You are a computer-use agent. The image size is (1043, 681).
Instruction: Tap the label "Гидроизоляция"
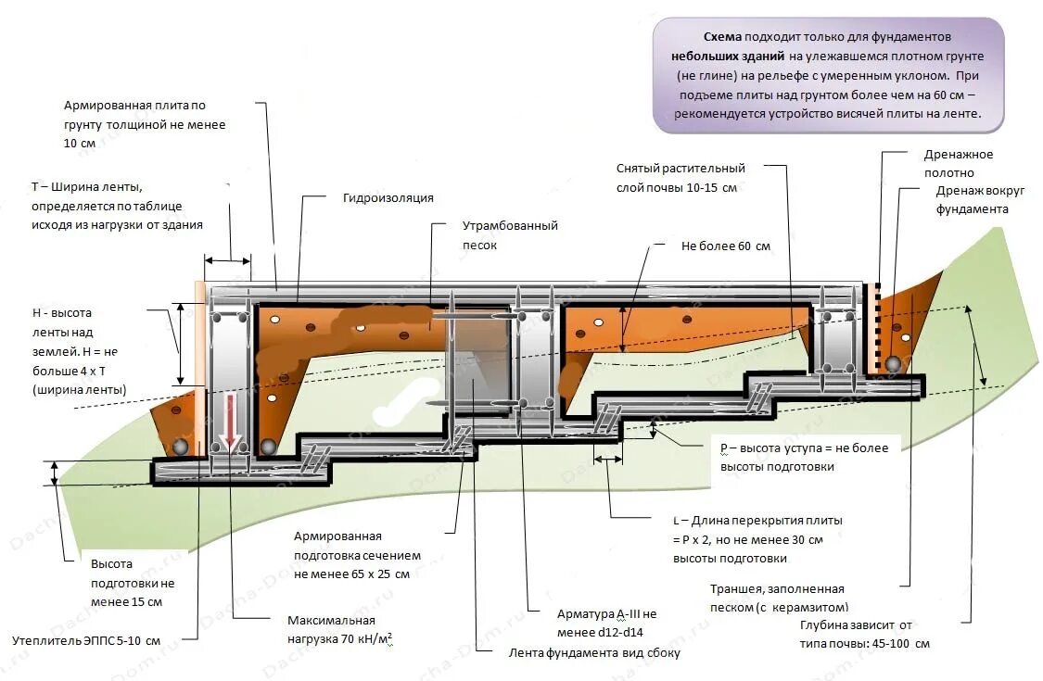click(388, 198)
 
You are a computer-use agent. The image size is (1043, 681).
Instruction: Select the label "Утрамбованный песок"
click(510, 235)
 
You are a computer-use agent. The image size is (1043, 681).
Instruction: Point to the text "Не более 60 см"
click(725, 246)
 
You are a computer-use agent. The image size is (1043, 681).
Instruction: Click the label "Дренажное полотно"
click(958, 163)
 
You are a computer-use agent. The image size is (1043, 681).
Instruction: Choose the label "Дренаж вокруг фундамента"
click(979, 199)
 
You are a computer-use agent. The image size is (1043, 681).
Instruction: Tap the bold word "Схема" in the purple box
click(722, 38)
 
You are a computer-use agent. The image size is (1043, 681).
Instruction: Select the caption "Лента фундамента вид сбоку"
click(594, 652)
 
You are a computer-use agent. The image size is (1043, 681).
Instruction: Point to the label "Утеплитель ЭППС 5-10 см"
click(86, 640)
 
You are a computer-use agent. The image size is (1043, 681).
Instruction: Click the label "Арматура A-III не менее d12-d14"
click(606, 623)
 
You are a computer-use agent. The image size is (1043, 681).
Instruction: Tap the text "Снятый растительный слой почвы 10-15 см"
click(680, 178)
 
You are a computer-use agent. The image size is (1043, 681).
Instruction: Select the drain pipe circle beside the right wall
click(893, 364)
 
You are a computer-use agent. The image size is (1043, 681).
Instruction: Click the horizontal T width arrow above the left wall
click(227, 260)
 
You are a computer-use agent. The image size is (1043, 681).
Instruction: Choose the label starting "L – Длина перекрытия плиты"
click(757, 539)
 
